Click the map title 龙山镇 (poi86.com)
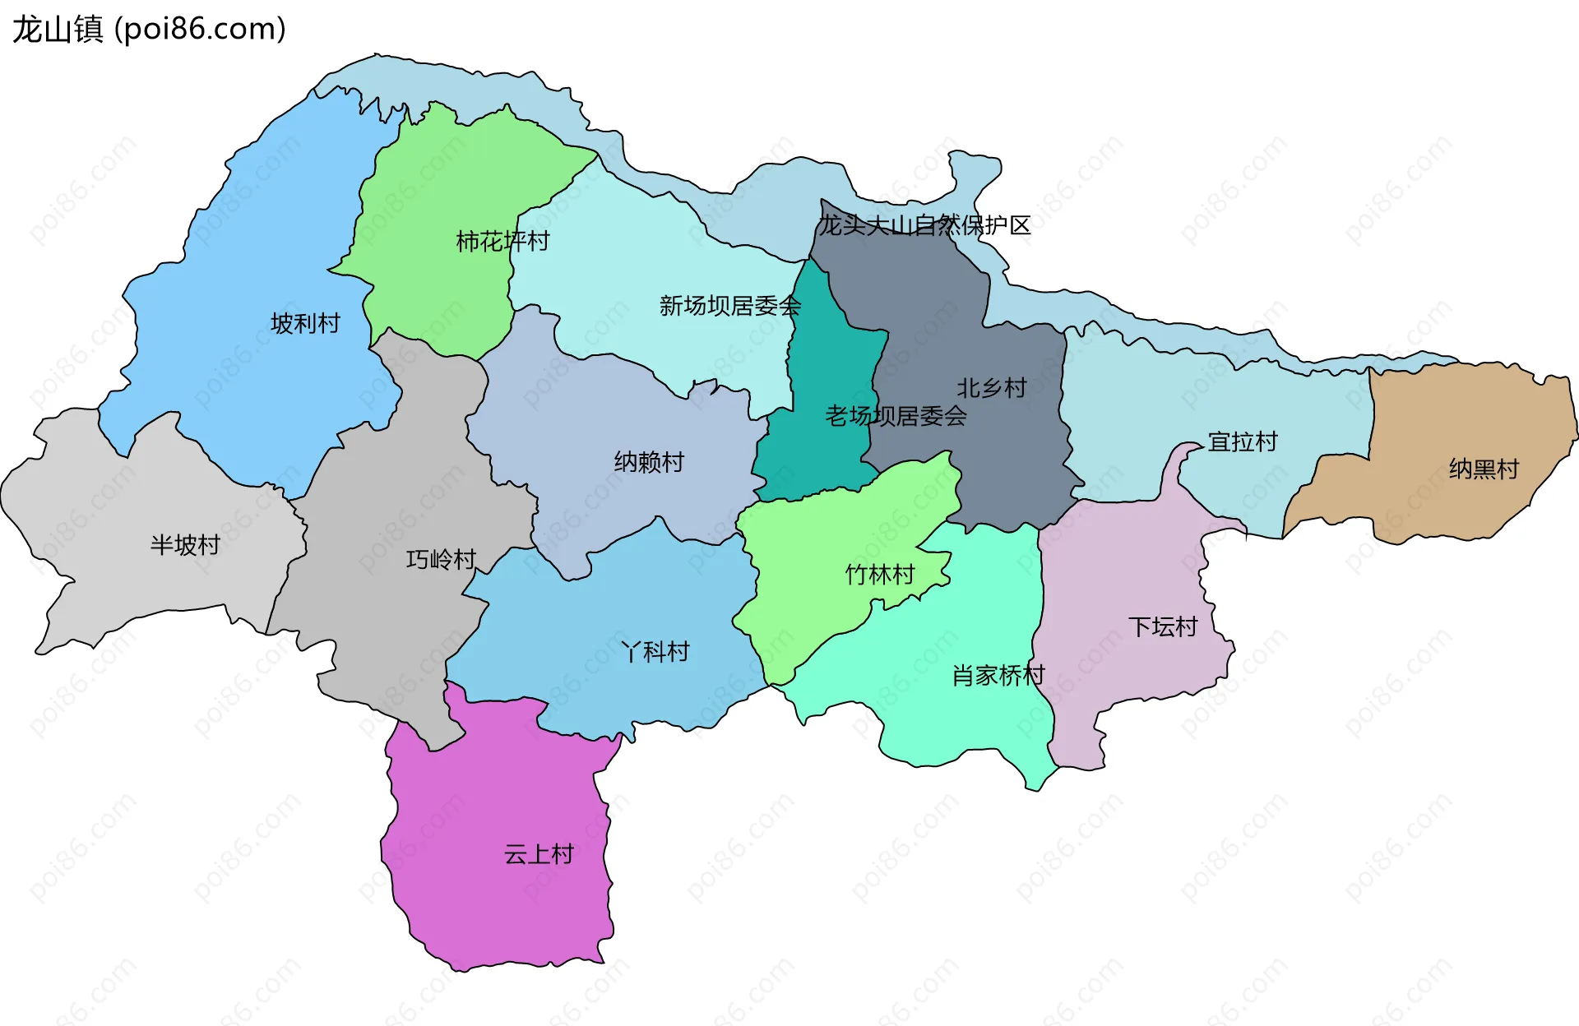[x=149, y=29]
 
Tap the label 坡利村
[x=305, y=323]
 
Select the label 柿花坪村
[x=502, y=241]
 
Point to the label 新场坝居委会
[x=729, y=306]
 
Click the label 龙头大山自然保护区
[x=924, y=225]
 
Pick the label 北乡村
[x=991, y=387]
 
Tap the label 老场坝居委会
[x=896, y=416]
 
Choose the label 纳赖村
[x=649, y=462]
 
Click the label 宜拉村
[x=1243, y=441]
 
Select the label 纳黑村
[x=1484, y=469]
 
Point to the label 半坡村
[x=185, y=544]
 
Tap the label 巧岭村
[x=441, y=559]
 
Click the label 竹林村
[x=880, y=574]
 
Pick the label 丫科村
[x=655, y=651]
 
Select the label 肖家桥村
[x=998, y=675]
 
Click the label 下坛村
[x=1162, y=626]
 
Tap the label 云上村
[x=539, y=853]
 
